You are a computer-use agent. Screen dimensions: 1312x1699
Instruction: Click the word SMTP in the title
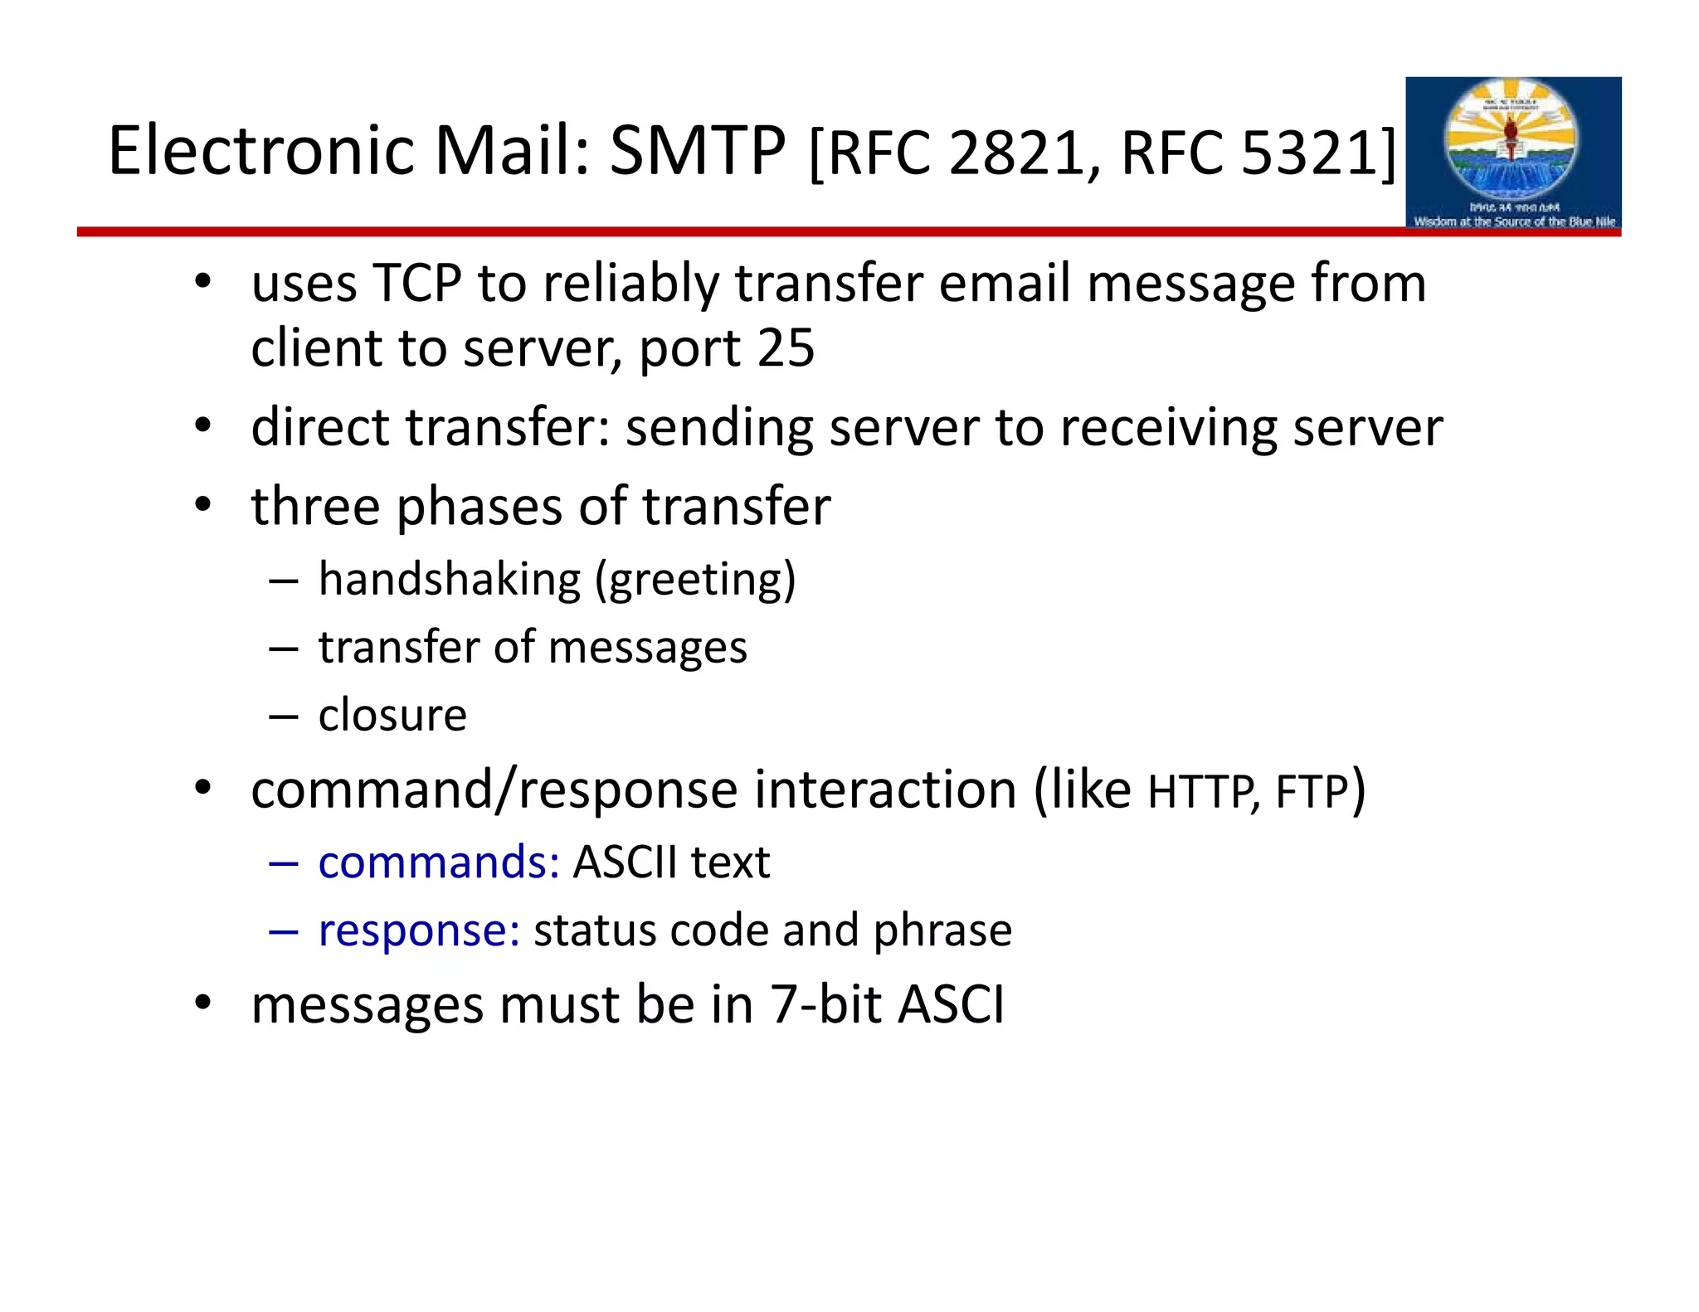697,151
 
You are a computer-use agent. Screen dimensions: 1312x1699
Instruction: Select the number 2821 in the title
1016,153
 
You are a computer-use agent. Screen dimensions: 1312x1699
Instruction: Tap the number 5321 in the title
1309,153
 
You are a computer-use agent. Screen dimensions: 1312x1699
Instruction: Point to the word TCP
416,283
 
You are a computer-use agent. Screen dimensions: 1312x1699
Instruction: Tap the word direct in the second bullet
320,427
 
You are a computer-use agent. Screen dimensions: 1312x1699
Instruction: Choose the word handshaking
449,579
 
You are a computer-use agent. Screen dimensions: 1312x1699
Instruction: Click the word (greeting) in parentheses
695,580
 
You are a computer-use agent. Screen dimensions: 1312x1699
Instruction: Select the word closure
392,715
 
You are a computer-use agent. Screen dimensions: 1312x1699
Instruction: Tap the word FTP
1311,791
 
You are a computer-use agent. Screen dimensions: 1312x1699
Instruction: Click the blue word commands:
439,862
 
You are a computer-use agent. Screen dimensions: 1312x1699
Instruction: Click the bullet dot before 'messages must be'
203,1003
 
